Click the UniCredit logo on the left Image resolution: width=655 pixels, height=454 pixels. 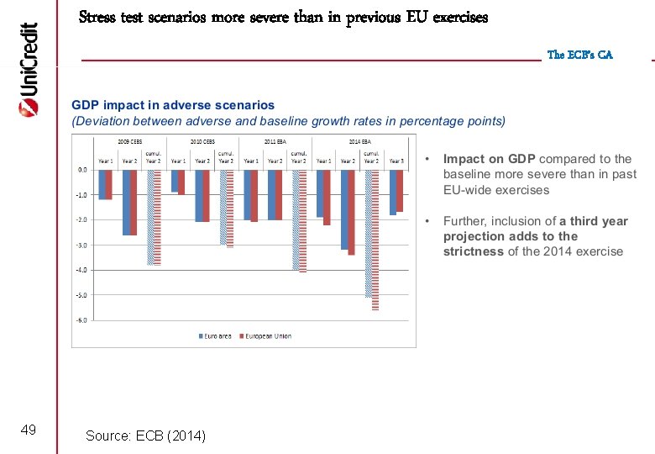(28, 69)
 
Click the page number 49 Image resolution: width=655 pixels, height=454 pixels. (28, 430)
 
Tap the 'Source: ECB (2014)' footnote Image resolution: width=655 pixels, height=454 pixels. (145, 435)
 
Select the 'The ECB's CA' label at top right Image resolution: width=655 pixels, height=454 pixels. (579, 55)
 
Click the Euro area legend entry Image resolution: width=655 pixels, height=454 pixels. (216, 335)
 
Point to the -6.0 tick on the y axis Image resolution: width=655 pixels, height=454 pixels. (82, 320)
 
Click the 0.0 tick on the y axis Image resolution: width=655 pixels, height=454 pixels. (82, 170)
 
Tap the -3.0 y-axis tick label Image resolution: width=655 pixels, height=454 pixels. (82, 245)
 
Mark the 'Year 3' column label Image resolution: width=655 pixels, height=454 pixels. (396, 161)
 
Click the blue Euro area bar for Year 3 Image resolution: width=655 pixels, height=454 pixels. (392, 193)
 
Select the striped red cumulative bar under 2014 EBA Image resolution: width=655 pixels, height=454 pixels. (375, 240)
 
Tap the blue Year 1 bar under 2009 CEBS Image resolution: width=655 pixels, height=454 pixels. (102, 184)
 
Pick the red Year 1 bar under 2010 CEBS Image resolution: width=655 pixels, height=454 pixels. (181, 182)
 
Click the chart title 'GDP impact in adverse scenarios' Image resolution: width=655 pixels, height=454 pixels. (173, 105)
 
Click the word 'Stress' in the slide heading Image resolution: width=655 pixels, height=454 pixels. (99, 17)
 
